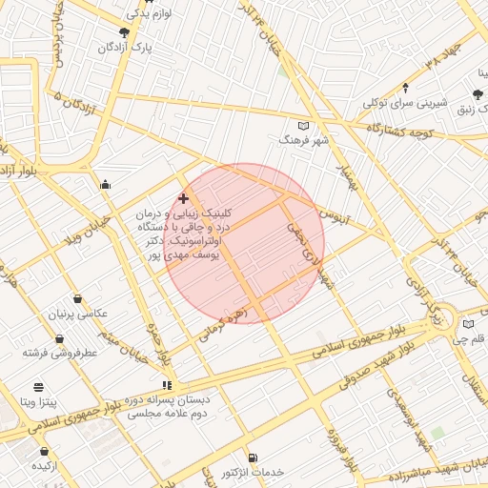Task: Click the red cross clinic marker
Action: point(183,198)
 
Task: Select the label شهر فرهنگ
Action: point(303,140)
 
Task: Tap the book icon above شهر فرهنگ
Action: point(304,126)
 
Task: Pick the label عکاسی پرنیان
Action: point(80,314)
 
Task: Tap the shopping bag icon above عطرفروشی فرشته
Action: point(60,338)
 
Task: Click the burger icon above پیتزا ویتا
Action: point(38,387)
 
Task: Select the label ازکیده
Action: point(47,465)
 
